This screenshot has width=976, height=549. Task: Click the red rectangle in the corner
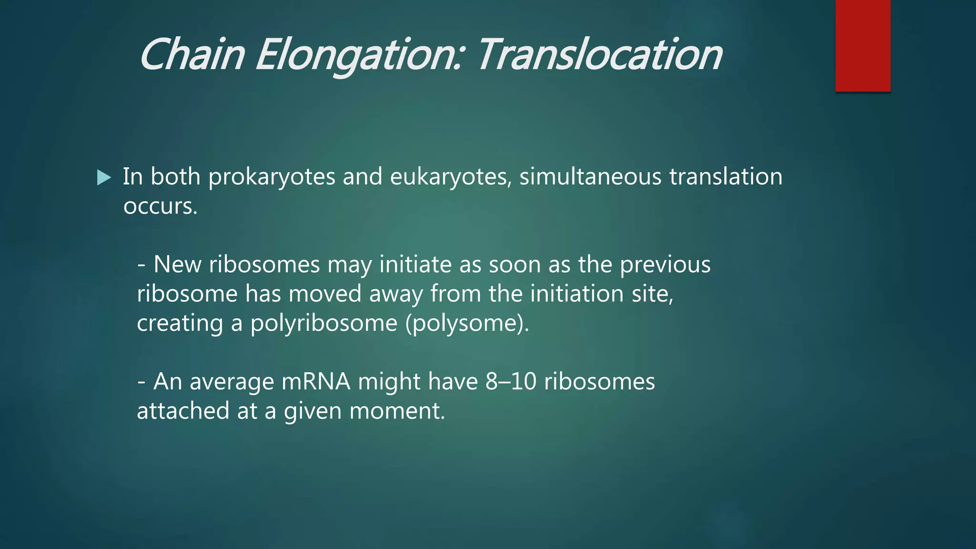pos(863,46)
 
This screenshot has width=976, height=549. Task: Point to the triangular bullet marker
pos(103,178)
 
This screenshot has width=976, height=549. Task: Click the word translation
pos(725,177)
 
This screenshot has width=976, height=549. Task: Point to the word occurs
pos(160,206)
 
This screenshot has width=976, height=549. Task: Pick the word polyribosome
pos(324,324)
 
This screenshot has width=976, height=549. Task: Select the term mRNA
pos(316,382)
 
